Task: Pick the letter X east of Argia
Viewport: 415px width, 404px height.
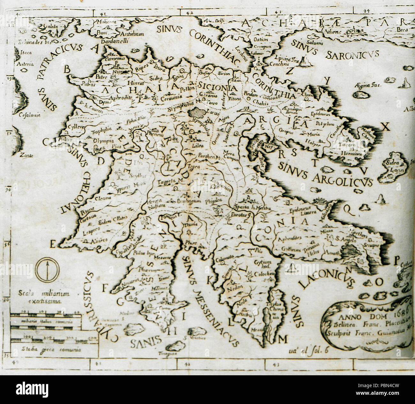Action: [x=386, y=127]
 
